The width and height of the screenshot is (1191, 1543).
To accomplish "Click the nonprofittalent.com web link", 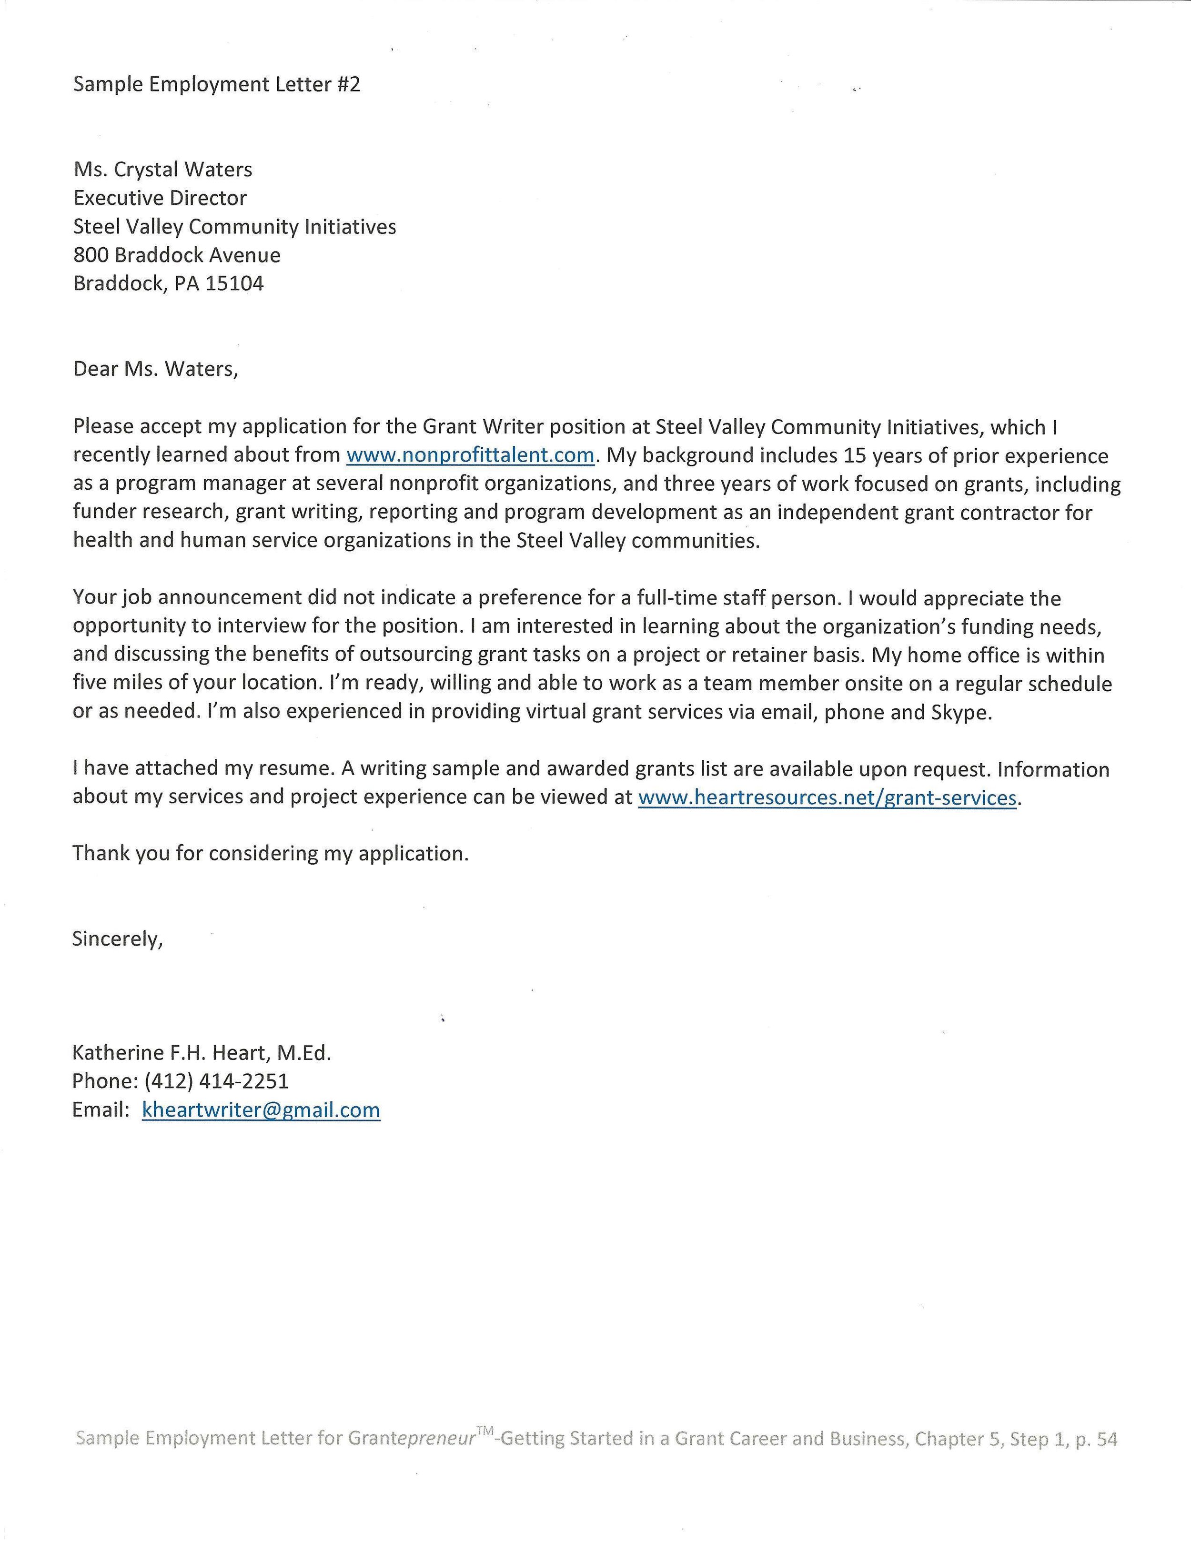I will click(x=470, y=455).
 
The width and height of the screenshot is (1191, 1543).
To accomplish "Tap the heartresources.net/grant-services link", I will click(x=827, y=797).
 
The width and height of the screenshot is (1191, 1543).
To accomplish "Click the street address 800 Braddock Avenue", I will click(x=177, y=255).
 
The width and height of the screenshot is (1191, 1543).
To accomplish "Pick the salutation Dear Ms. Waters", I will click(x=155, y=369).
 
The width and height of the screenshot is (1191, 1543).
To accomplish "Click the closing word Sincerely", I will click(x=117, y=938).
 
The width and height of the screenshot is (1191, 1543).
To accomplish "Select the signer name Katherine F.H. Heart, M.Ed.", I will click(x=202, y=1053).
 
